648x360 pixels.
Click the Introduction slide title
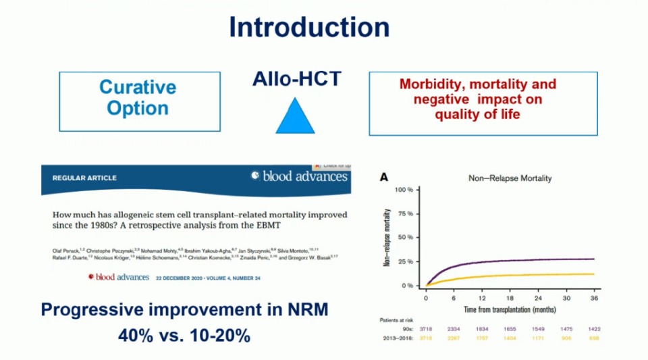click(309, 28)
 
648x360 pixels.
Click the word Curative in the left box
click(138, 87)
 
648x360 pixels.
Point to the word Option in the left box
click(138, 108)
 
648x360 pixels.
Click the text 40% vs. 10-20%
click(184, 334)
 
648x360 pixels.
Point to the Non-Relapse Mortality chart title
click(501, 178)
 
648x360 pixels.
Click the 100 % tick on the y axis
click(403, 190)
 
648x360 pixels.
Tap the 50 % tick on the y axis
click(404, 238)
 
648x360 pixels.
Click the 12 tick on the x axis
click(482, 297)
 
